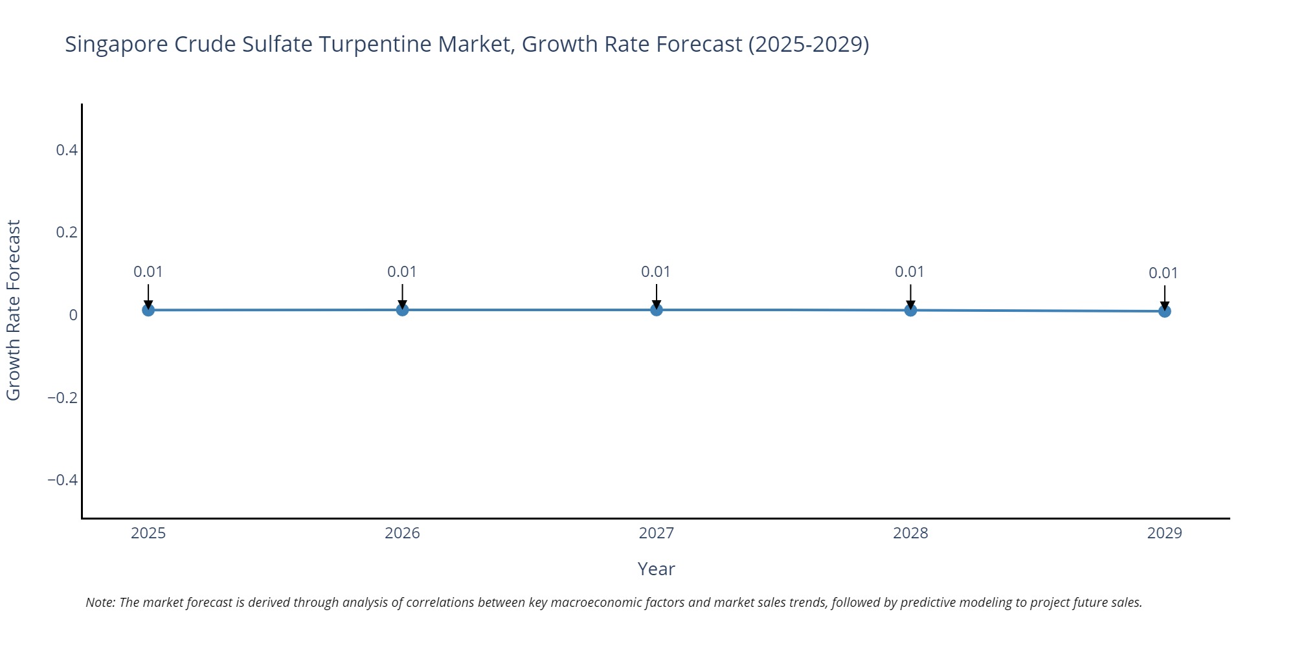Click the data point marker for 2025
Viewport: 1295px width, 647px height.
click(148, 310)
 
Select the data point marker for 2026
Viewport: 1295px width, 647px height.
click(402, 310)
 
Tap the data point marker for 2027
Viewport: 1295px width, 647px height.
click(657, 310)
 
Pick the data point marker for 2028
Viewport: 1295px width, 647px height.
click(910, 310)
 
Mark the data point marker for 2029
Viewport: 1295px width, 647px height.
click(1164, 311)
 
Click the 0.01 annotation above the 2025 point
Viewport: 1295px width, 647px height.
click(148, 272)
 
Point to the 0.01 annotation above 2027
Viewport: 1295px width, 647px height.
click(656, 272)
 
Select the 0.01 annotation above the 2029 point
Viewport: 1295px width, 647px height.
click(1164, 273)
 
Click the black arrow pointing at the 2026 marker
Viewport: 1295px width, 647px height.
click(402, 296)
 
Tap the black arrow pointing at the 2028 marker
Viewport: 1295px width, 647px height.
click(910, 296)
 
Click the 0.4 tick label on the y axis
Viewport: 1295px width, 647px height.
click(67, 150)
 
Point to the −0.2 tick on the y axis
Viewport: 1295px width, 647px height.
click(62, 397)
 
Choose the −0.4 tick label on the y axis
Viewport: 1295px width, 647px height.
click(62, 479)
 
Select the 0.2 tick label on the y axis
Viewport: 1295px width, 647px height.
click(67, 232)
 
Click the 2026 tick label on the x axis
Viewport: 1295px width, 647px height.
click(402, 533)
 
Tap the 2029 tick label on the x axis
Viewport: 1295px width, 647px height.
click(1164, 533)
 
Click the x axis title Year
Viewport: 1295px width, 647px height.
click(656, 569)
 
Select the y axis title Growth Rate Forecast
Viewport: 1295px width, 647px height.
click(14, 311)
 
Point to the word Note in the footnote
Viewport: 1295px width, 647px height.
click(100, 602)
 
